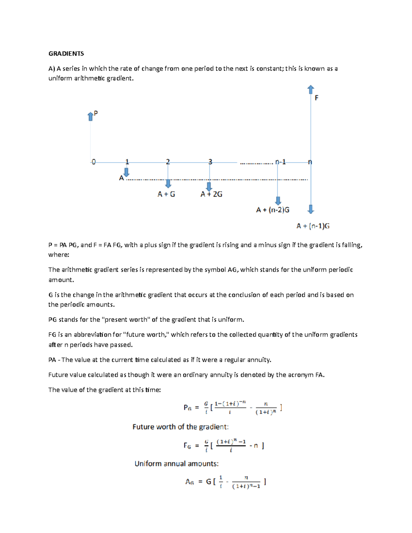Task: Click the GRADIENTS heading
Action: pos(66,54)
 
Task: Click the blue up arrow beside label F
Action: pos(311,90)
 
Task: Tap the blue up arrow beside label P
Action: pos(91,116)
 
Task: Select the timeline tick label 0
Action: pos(93,162)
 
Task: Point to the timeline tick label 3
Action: pos(210,162)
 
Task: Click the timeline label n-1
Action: pos(281,162)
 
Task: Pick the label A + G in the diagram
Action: pos(166,194)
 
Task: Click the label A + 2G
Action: pos(211,194)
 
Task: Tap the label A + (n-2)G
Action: pos(273,210)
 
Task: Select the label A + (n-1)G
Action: pos(313,226)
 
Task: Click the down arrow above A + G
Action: pos(168,184)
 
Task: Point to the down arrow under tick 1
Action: pos(126,172)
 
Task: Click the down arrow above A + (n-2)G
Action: pos(278,200)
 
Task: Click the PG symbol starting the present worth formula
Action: pos(187,408)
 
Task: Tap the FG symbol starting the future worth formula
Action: pos(187,445)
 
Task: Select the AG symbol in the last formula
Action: pos(190,482)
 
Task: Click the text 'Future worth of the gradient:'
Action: pos(181,427)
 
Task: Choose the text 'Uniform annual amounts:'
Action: pos(176,464)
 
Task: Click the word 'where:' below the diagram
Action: pos(59,255)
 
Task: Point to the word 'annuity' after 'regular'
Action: pos(259,360)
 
